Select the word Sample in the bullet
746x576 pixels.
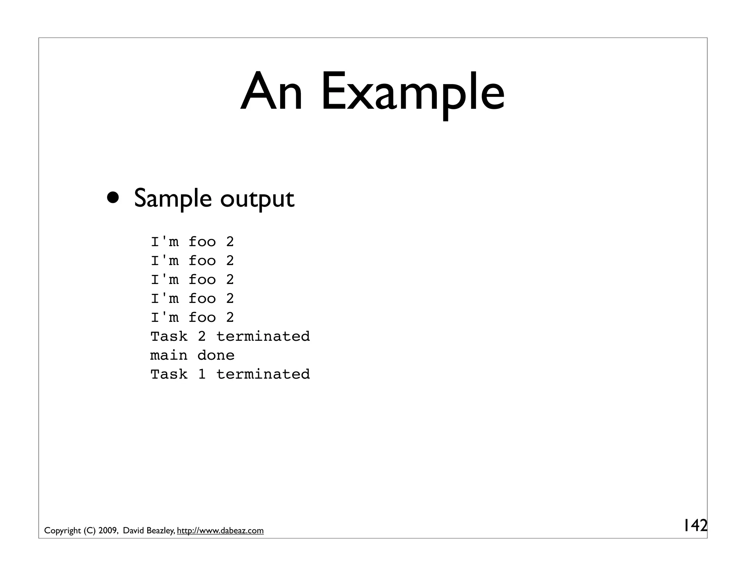tap(173, 199)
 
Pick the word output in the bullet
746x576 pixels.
tap(257, 199)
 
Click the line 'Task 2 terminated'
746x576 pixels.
tap(230, 336)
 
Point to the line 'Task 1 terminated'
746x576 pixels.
tap(230, 374)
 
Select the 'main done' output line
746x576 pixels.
tap(192, 355)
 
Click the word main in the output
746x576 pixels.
tap(169, 355)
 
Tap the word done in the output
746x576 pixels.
tap(216, 355)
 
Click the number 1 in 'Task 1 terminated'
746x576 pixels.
tap(202, 374)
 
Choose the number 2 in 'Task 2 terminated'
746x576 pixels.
tap(202, 336)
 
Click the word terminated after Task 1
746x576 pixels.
tap(263, 374)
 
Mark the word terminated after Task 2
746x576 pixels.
tap(263, 336)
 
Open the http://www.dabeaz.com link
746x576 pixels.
tap(220, 531)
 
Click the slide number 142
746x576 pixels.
tap(694, 525)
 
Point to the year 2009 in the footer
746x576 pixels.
tap(107, 531)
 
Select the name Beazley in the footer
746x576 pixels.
tap(160, 531)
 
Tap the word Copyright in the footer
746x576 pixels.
tap(62, 531)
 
